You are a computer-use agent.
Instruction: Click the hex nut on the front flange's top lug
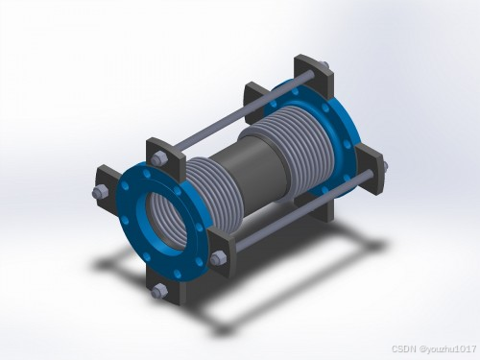pyautogui.click(x=157, y=158)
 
